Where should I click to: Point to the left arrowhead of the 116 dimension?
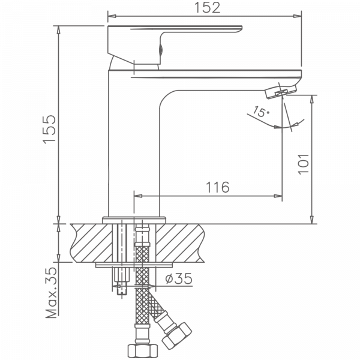[136, 195]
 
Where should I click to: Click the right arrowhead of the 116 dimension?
[278, 195]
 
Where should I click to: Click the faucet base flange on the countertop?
[135, 219]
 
